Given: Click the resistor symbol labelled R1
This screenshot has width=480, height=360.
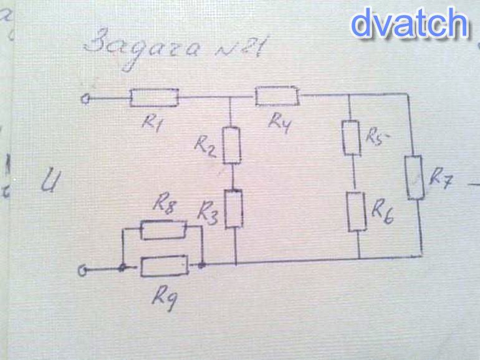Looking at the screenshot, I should pos(154,98).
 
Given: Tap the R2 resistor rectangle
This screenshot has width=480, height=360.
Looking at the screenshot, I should pos(231,145).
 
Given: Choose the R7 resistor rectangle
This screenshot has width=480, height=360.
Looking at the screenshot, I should pos(415,178).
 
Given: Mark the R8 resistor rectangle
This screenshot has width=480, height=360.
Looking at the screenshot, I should pos(163,230).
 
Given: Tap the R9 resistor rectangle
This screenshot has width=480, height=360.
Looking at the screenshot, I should pos(164,267).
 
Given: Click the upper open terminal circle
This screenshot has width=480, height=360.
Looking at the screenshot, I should pos(87,98).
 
